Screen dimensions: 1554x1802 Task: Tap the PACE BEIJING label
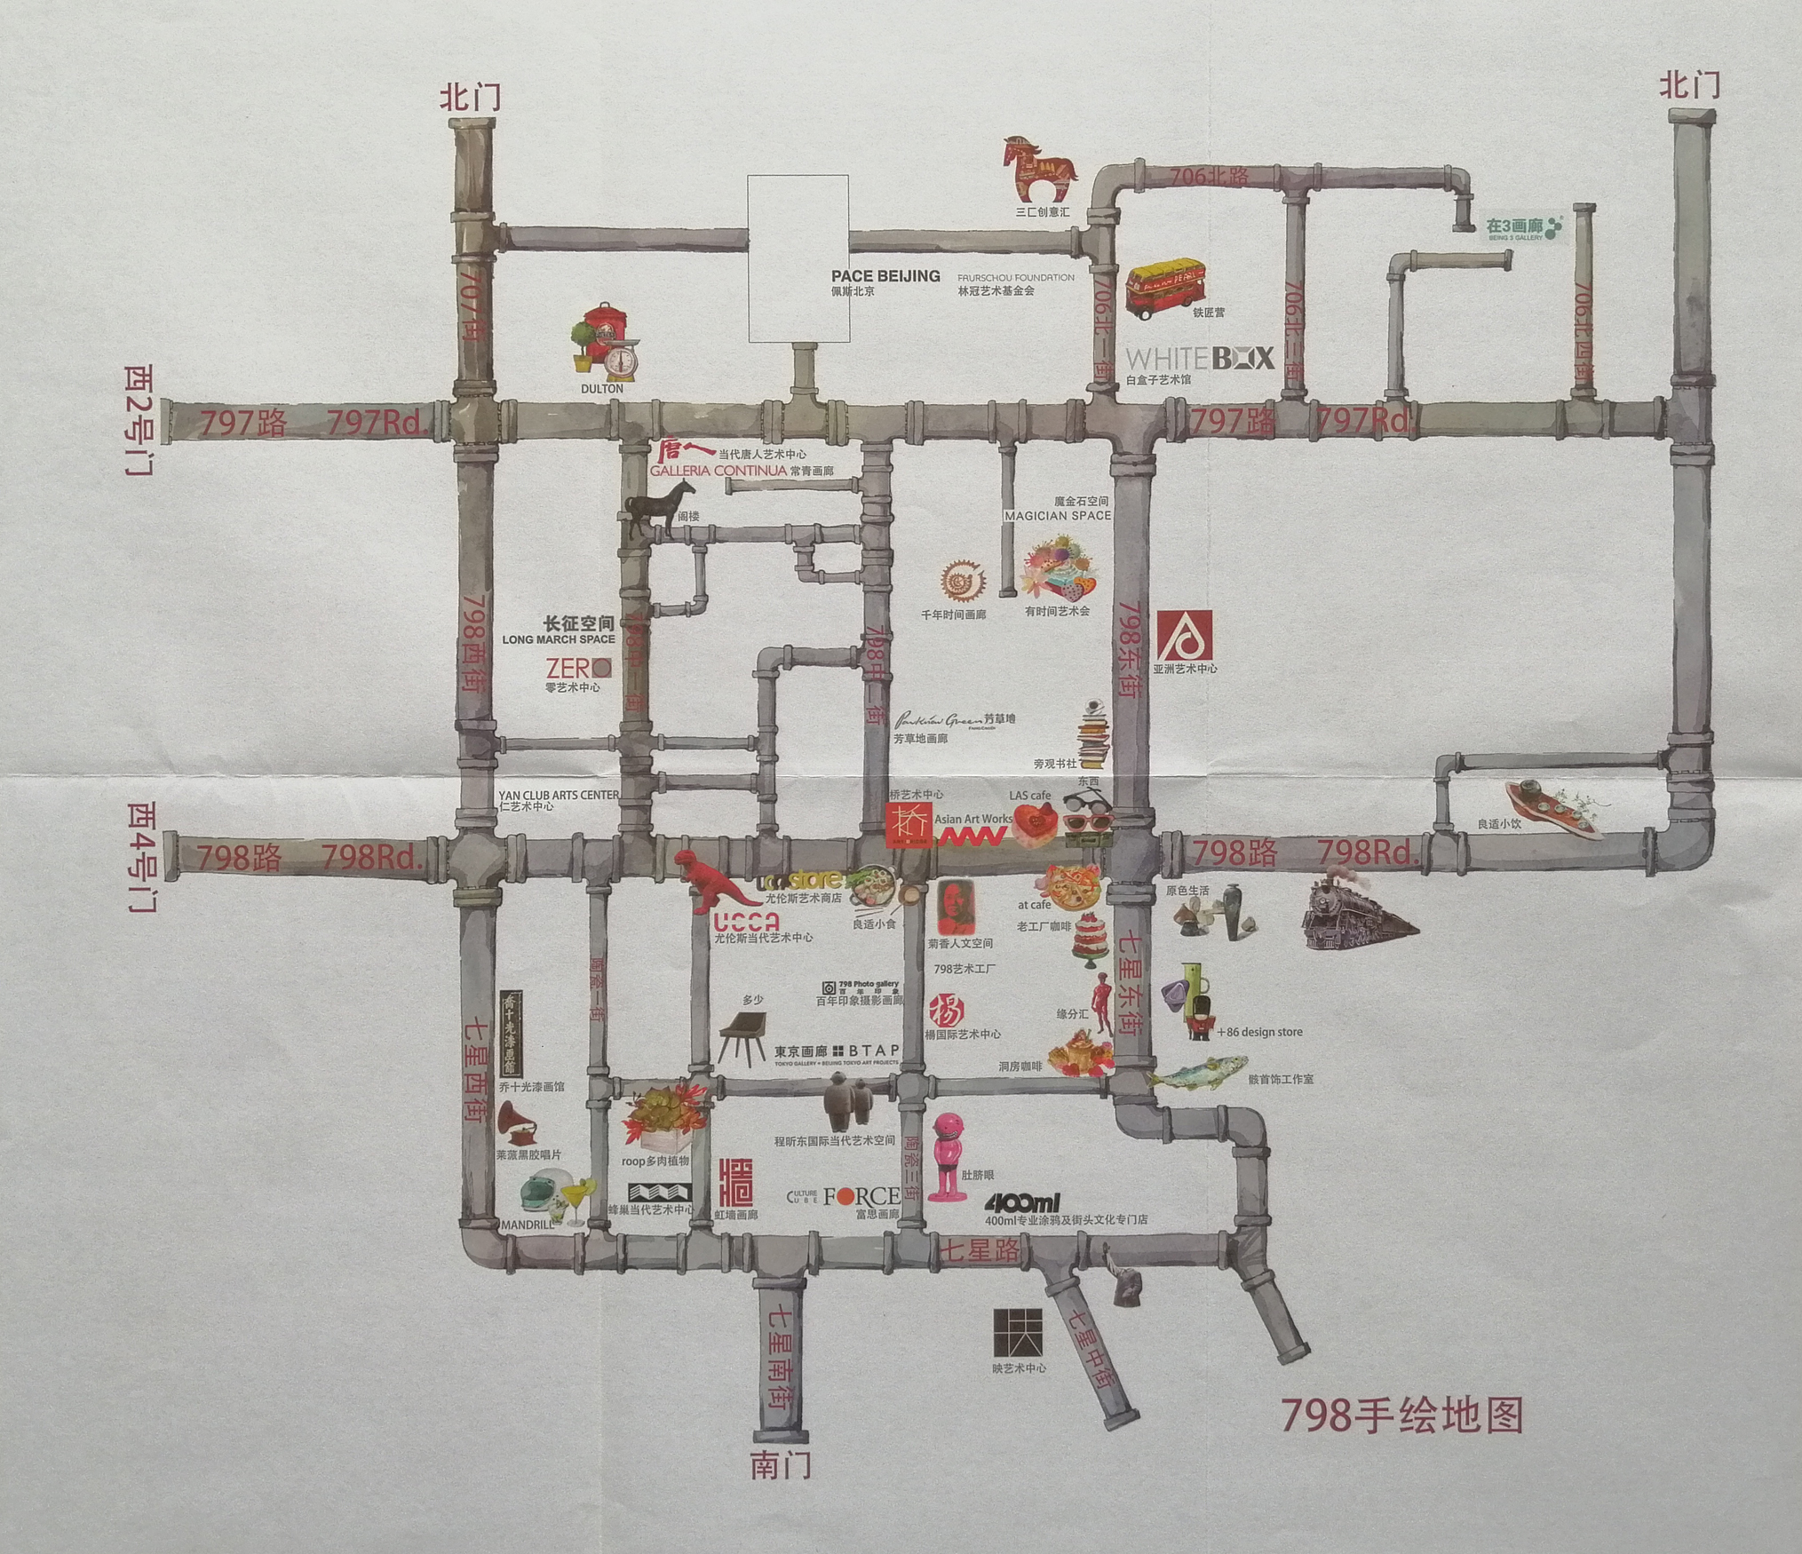[885, 276]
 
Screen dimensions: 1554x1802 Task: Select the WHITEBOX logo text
[1200, 359]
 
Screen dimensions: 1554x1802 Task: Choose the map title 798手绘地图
[1402, 1415]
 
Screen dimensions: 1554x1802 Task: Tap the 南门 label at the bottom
[781, 1464]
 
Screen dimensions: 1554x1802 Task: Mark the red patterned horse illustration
[1038, 168]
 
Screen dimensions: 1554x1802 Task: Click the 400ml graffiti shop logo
[1022, 1203]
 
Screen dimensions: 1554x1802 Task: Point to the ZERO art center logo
[578, 667]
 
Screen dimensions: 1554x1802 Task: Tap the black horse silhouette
[659, 508]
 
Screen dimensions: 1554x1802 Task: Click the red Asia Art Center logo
[1185, 636]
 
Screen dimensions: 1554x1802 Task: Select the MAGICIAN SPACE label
[1057, 515]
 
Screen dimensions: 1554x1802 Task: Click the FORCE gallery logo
[861, 1197]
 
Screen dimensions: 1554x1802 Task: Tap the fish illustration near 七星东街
[1199, 1072]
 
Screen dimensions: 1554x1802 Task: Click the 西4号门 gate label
[141, 857]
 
